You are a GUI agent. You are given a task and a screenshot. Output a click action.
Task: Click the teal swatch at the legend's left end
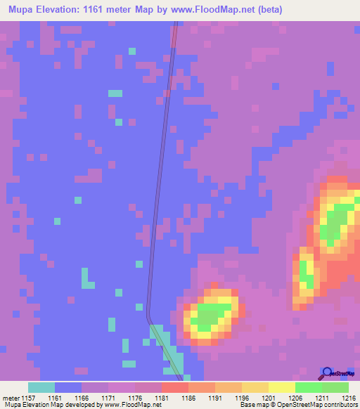[x=41, y=387]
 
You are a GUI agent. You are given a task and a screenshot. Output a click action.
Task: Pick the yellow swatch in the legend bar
[x=281, y=387]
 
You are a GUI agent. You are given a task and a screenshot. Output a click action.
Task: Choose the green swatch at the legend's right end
[x=335, y=387]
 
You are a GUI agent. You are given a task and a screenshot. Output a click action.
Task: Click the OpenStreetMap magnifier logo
[x=327, y=373]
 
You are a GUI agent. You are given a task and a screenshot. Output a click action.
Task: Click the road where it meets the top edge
[x=176, y=23]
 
